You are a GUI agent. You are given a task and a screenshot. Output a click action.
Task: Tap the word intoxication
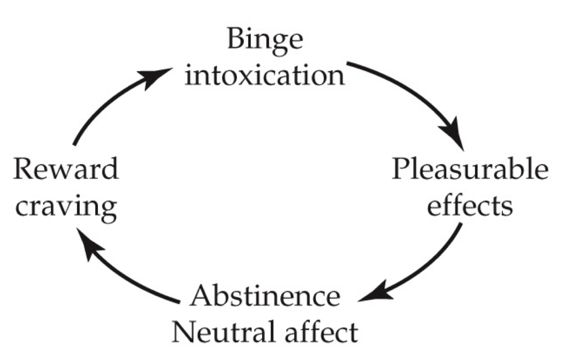(x=265, y=75)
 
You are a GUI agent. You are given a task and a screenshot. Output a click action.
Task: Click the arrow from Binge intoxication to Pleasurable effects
(x=418, y=94)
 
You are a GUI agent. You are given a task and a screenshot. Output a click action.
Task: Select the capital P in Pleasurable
(x=401, y=171)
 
